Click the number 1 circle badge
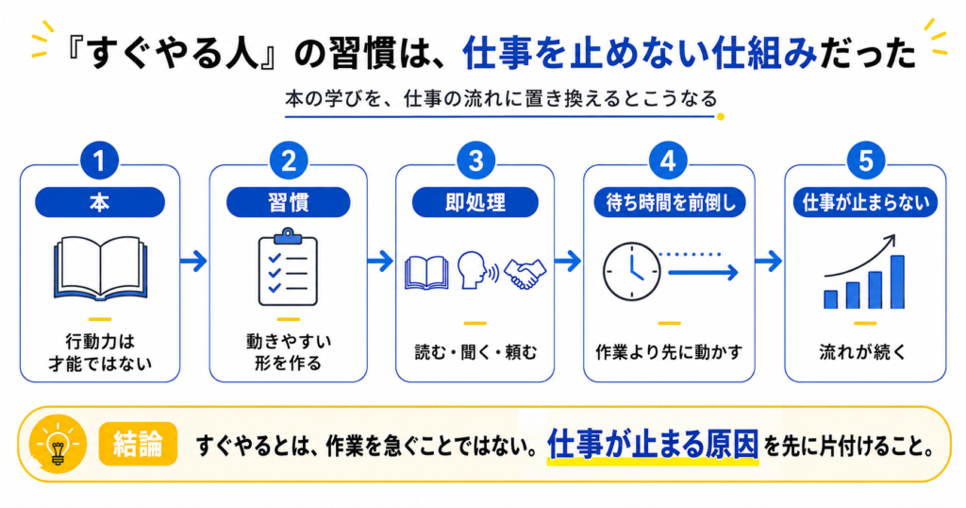coord(99,161)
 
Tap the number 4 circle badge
coord(668,161)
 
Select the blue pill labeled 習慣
coord(289,202)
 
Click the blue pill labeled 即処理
coord(475,202)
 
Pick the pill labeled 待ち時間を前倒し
coord(670,202)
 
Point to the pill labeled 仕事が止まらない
coord(865,202)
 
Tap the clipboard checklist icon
coord(288,267)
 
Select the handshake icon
coord(525,274)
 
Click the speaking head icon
coord(477,270)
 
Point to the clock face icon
coord(631,272)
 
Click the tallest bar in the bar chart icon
coord(897,281)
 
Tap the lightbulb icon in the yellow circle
coord(58,444)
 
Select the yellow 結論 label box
coord(138,443)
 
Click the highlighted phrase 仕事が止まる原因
coord(653,444)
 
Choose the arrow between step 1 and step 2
coord(194,262)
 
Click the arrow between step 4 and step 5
coord(769,262)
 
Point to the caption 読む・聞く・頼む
coord(475,352)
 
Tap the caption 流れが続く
coord(863,352)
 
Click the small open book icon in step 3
coord(426,273)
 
